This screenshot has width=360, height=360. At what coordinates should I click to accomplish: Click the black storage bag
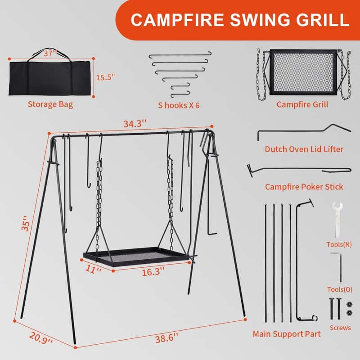(x=50, y=76)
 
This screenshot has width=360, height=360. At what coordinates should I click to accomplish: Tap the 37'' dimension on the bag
(x=50, y=54)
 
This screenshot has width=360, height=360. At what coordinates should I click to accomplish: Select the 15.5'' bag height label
(x=106, y=77)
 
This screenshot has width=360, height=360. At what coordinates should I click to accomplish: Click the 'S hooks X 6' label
(x=179, y=105)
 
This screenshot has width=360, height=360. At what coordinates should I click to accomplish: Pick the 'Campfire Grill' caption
(x=302, y=104)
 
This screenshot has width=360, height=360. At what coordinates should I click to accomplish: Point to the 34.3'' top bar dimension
(x=135, y=124)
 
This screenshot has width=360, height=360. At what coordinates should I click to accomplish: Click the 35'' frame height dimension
(x=26, y=223)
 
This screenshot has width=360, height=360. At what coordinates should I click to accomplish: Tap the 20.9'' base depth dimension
(x=41, y=338)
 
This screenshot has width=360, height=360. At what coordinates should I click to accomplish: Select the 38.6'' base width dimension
(x=166, y=338)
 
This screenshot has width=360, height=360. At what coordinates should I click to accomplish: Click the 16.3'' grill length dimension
(x=153, y=272)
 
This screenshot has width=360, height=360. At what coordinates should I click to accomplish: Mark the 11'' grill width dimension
(x=93, y=269)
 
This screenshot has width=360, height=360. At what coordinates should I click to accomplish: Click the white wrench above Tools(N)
(x=337, y=220)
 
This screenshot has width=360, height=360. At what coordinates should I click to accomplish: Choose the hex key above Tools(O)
(x=338, y=267)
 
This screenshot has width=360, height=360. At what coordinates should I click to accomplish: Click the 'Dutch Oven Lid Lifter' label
(x=304, y=149)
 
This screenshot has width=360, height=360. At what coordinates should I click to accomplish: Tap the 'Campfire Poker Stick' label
(x=304, y=187)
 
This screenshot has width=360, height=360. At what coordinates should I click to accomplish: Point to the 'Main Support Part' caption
(x=287, y=334)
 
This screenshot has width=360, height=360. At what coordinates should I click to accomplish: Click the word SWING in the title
(x=260, y=20)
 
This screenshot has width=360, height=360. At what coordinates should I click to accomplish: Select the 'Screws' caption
(x=340, y=328)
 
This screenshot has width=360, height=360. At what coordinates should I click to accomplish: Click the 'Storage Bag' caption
(x=50, y=104)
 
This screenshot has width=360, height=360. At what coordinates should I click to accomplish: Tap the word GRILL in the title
(x=323, y=20)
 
